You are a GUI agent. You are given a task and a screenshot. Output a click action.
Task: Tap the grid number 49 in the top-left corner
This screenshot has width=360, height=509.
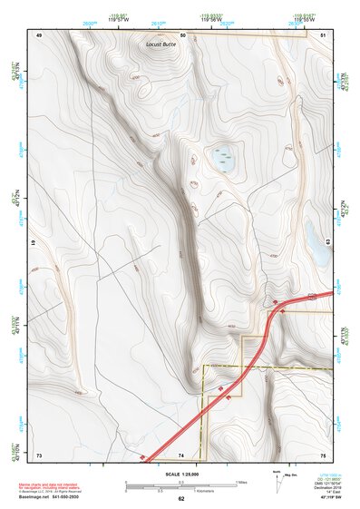click(x=40, y=34)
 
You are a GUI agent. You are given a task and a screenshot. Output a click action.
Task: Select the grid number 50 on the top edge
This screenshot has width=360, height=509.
click(x=182, y=34)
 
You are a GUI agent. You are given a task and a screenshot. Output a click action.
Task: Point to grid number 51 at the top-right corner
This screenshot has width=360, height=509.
click(x=324, y=34)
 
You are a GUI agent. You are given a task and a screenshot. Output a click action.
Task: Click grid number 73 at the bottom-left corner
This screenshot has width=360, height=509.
click(x=40, y=454)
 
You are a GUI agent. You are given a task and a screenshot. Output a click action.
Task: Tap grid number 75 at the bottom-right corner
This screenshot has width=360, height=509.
click(x=324, y=454)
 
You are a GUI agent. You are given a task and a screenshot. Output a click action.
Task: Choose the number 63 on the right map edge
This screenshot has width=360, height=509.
click(x=328, y=241)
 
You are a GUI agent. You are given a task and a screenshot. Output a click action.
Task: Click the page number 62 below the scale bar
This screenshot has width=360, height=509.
click(x=181, y=499)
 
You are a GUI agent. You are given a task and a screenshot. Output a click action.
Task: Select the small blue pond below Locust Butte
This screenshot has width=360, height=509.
click(x=222, y=160)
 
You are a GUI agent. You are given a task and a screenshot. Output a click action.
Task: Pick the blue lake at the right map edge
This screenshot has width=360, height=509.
click(x=318, y=244)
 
